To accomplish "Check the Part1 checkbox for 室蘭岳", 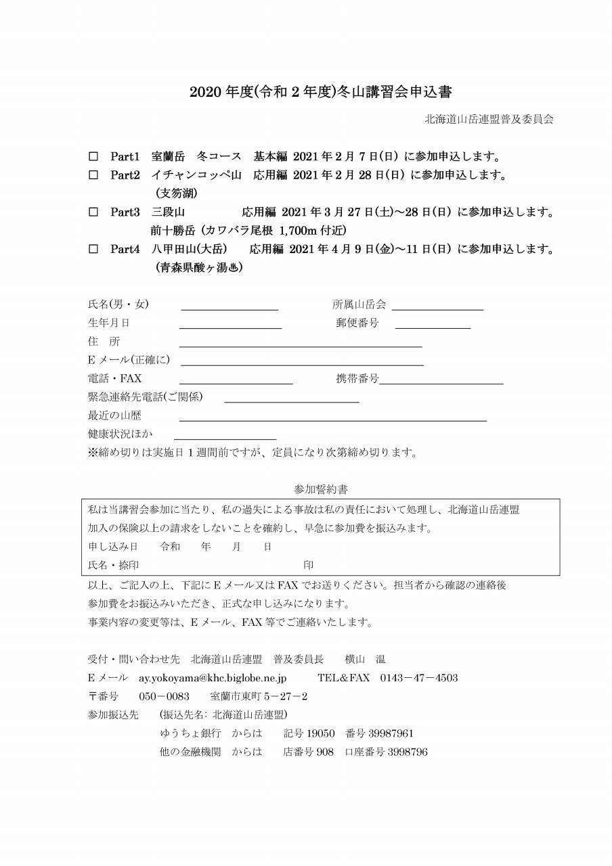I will (x=93, y=156).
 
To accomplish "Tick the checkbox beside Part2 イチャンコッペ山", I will (x=93, y=175).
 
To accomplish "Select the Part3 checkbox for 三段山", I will (x=93, y=212).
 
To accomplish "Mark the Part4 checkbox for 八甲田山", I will (x=93, y=249).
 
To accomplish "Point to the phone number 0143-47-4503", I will (x=418, y=677).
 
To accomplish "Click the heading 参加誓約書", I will (x=322, y=488).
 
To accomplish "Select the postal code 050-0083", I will (x=164, y=696).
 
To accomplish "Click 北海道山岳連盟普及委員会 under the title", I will (x=489, y=119).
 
